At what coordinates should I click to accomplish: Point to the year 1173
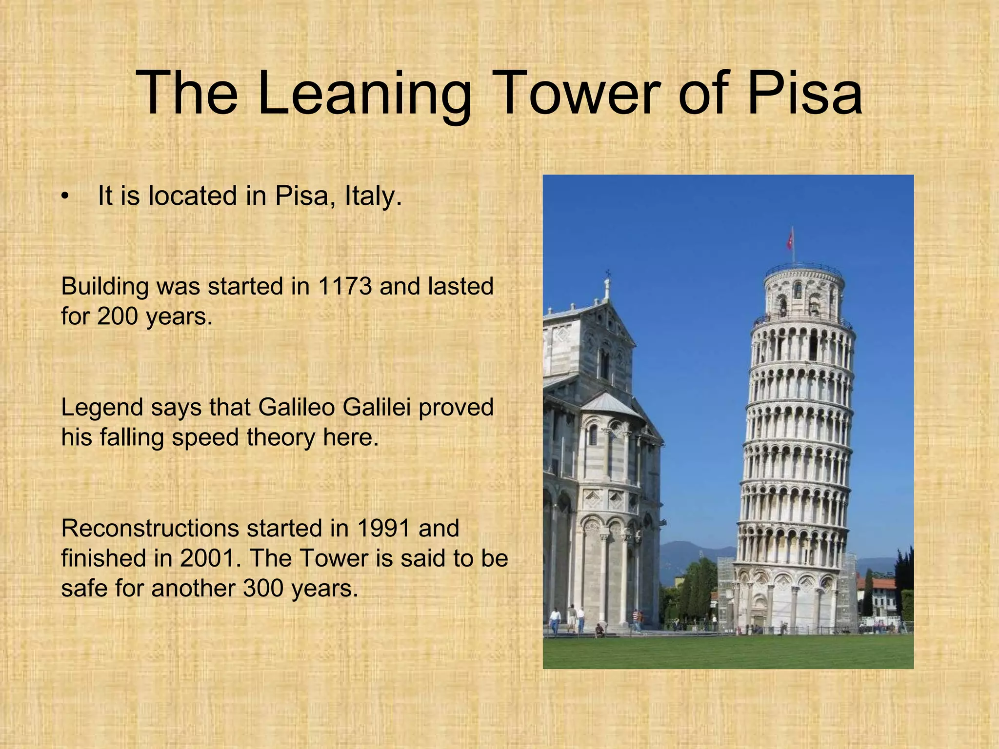(x=344, y=286)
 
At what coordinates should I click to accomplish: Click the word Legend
(x=102, y=407)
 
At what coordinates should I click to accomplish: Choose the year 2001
(x=211, y=558)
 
